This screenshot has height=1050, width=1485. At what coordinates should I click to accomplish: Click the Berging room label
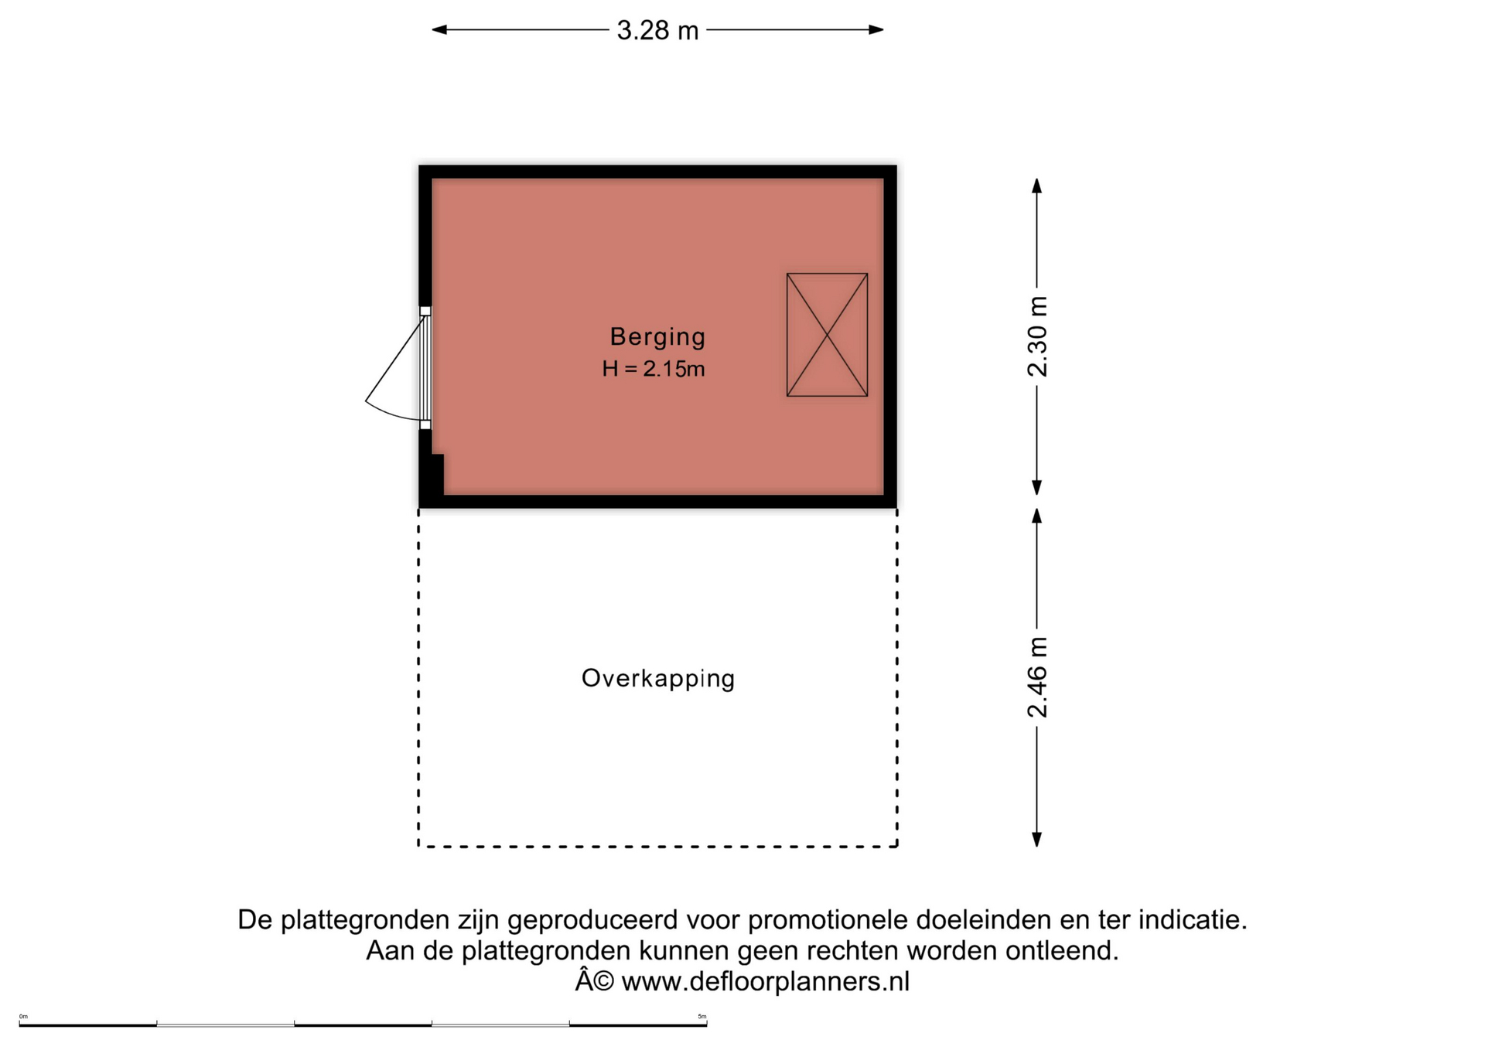(x=657, y=336)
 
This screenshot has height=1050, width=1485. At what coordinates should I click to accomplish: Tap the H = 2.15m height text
(x=654, y=369)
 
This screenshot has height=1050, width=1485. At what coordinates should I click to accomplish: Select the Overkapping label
(x=657, y=678)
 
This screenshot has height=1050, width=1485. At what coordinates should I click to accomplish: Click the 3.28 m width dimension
(x=657, y=30)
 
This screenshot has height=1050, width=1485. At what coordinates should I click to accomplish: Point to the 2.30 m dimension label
(x=1037, y=336)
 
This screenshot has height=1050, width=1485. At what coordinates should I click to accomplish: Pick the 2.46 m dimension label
(x=1037, y=677)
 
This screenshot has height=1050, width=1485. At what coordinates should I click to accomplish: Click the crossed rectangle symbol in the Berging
(x=827, y=335)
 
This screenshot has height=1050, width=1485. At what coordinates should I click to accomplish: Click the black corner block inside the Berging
(x=435, y=473)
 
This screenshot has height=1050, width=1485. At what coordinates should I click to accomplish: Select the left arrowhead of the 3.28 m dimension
(x=439, y=30)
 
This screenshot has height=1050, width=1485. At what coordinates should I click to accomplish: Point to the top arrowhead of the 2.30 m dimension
(x=1037, y=186)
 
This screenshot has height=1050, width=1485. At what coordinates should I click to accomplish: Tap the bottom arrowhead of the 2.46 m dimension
(x=1037, y=840)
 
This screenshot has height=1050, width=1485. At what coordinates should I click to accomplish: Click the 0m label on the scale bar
(x=23, y=1016)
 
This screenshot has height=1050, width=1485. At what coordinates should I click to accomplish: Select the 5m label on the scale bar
(x=702, y=1016)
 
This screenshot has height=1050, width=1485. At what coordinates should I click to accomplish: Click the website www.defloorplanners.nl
(x=765, y=981)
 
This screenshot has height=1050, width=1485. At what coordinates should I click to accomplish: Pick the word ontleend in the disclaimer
(x=1061, y=950)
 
